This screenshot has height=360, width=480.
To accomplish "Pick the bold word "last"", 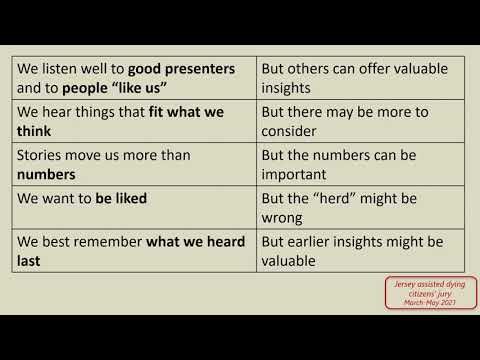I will [31, 260].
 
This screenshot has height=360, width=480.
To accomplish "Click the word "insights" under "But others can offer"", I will [289, 88].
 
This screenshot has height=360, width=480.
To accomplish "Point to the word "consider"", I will [291, 131].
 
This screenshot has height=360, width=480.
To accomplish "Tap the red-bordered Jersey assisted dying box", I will [417, 293].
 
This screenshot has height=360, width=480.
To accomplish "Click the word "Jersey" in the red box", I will [403, 284].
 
